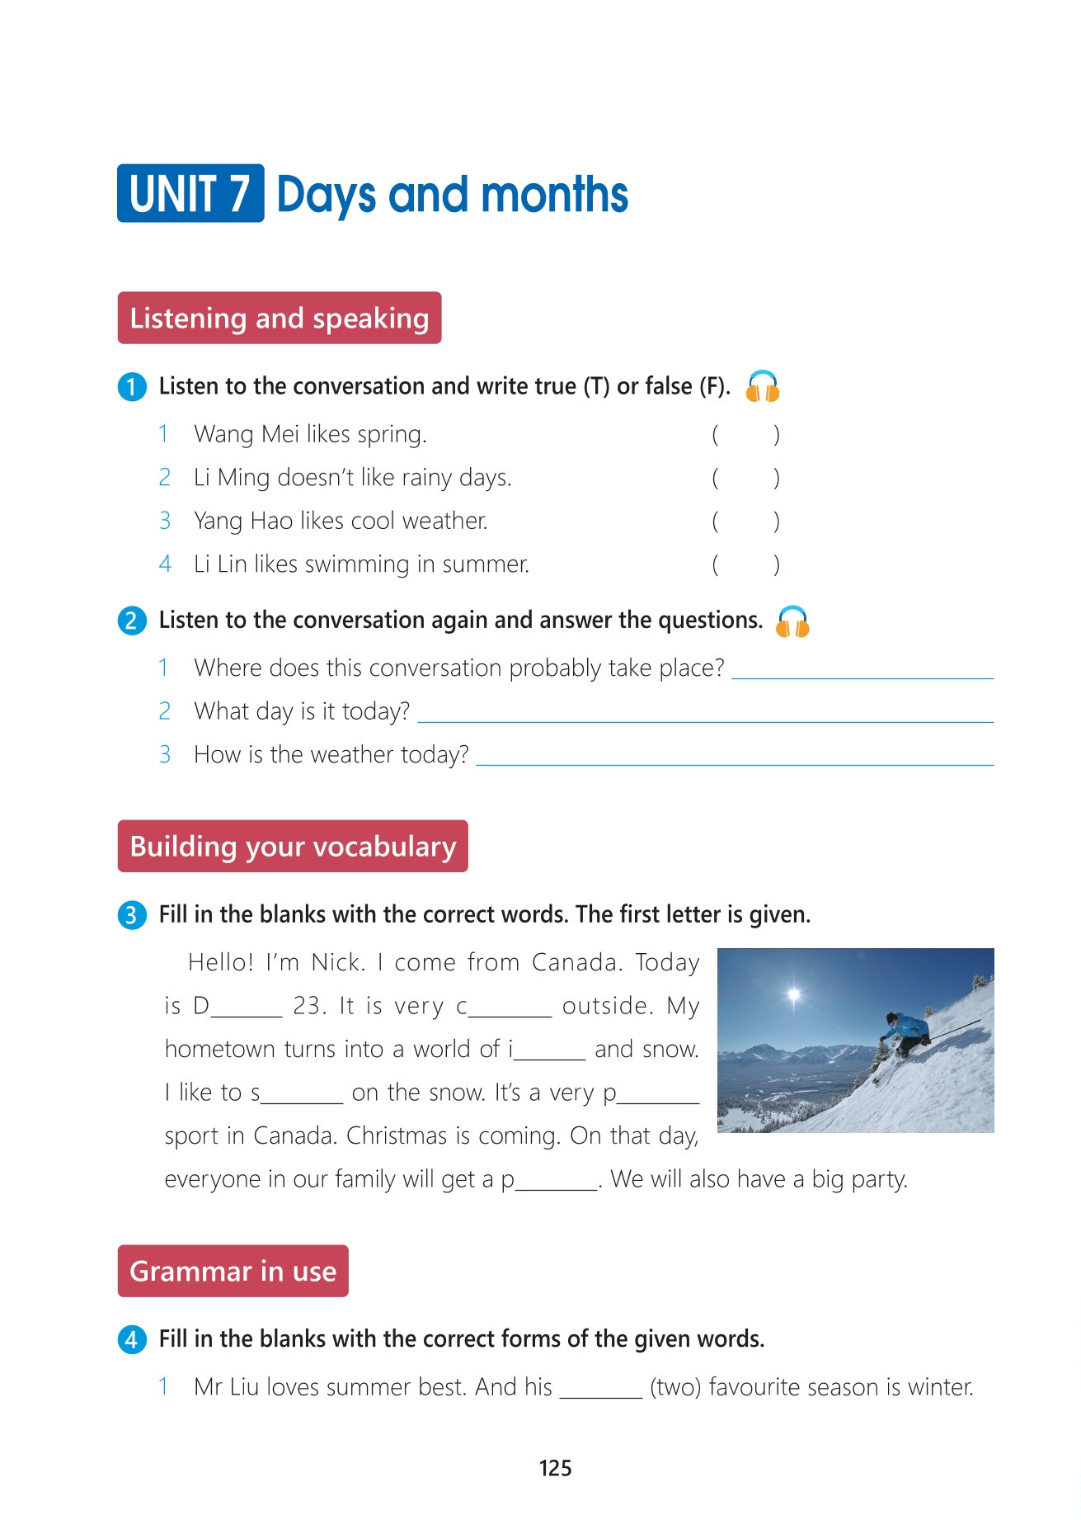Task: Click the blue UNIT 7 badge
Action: pyautogui.click(x=190, y=194)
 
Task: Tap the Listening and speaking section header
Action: pyautogui.click(x=280, y=318)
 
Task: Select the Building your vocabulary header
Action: pyautogui.click(x=293, y=846)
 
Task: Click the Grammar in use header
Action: pyautogui.click(x=233, y=1271)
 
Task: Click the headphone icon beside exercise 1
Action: pyautogui.click(x=763, y=386)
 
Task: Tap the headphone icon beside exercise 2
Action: pyautogui.click(x=792, y=621)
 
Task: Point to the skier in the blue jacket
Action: pyautogui.click(x=906, y=1031)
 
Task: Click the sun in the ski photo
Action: pyautogui.click(x=794, y=994)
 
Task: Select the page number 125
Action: pyautogui.click(x=555, y=1468)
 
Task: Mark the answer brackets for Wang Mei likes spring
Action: pyautogui.click(x=745, y=434)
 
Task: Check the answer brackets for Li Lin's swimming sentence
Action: pyautogui.click(x=745, y=564)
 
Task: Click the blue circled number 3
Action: pyautogui.click(x=131, y=915)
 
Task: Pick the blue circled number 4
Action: pyautogui.click(x=131, y=1339)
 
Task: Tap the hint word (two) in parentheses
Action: pyautogui.click(x=675, y=1387)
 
